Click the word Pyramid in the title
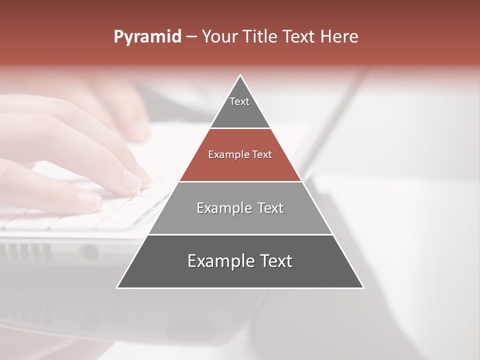(147, 37)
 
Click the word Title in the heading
(259, 37)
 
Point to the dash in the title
(191, 37)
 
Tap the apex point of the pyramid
(240, 75)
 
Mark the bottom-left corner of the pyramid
(117, 287)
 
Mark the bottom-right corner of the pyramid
(363, 287)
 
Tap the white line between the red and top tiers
(240, 128)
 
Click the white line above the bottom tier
(240, 234)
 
